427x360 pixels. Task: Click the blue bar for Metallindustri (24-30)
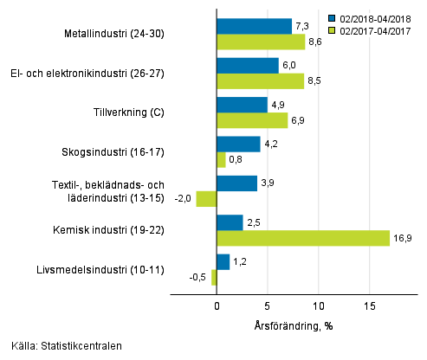[x=254, y=26]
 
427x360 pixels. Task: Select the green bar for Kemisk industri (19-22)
[x=302, y=238]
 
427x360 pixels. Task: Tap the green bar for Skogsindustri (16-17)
[x=221, y=160]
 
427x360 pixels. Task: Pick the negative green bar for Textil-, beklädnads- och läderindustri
[x=206, y=199]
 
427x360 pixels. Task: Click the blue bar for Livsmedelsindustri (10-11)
[x=223, y=261]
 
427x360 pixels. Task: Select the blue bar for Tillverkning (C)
[x=242, y=105]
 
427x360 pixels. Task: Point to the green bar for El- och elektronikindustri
[x=260, y=81]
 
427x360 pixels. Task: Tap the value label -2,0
[x=184, y=199]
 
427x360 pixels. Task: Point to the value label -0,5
[x=198, y=278]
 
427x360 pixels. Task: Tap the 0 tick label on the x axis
[x=217, y=306]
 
